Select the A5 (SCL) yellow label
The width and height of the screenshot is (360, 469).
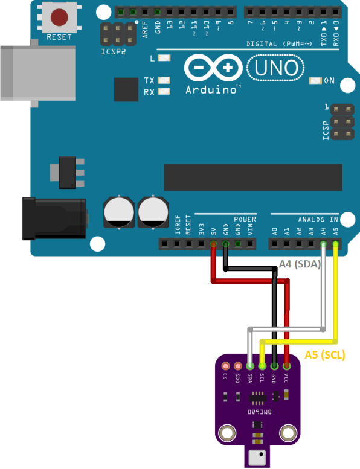point(324,355)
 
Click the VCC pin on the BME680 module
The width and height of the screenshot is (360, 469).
point(286,366)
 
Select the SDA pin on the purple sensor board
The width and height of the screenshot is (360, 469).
point(249,366)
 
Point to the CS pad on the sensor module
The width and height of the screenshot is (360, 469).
point(225,366)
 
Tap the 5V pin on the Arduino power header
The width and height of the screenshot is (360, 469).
point(213,244)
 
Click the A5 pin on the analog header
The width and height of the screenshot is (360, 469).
point(336,244)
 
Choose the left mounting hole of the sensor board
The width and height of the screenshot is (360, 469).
point(227,432)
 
